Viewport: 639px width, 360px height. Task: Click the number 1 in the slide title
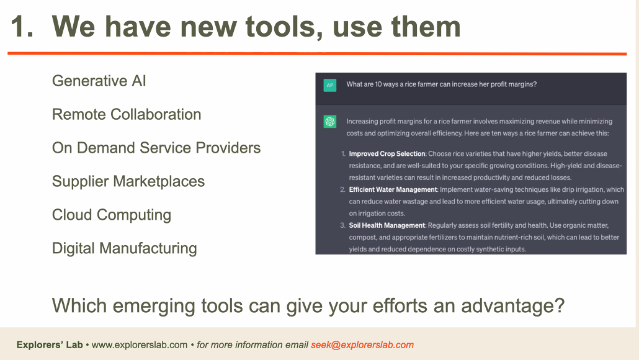[18, 27]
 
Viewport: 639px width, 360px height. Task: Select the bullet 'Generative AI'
[99, 81]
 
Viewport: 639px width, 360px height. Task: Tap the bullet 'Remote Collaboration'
[127, 114]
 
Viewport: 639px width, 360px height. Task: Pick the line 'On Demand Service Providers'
[156, 148]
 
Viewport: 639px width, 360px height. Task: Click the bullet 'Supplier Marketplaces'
[128, 181]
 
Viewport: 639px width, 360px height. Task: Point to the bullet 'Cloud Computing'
[112, 215]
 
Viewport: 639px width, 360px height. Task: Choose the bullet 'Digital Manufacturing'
[125, 248]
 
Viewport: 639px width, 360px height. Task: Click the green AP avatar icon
[329, 85]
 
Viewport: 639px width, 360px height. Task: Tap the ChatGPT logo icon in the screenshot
[329, 122]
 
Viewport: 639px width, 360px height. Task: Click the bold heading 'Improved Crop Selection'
[387, 154]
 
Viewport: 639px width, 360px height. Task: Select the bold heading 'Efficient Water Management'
[393, 189]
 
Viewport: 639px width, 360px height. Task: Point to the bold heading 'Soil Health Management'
[387, 225]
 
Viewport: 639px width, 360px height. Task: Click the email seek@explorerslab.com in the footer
[362, 345]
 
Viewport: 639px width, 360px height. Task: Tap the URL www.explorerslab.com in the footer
[140, 345]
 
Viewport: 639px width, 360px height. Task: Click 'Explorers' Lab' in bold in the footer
[50, 345]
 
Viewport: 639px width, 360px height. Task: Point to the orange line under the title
[317, 53]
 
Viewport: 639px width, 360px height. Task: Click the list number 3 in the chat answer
[342, 225]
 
